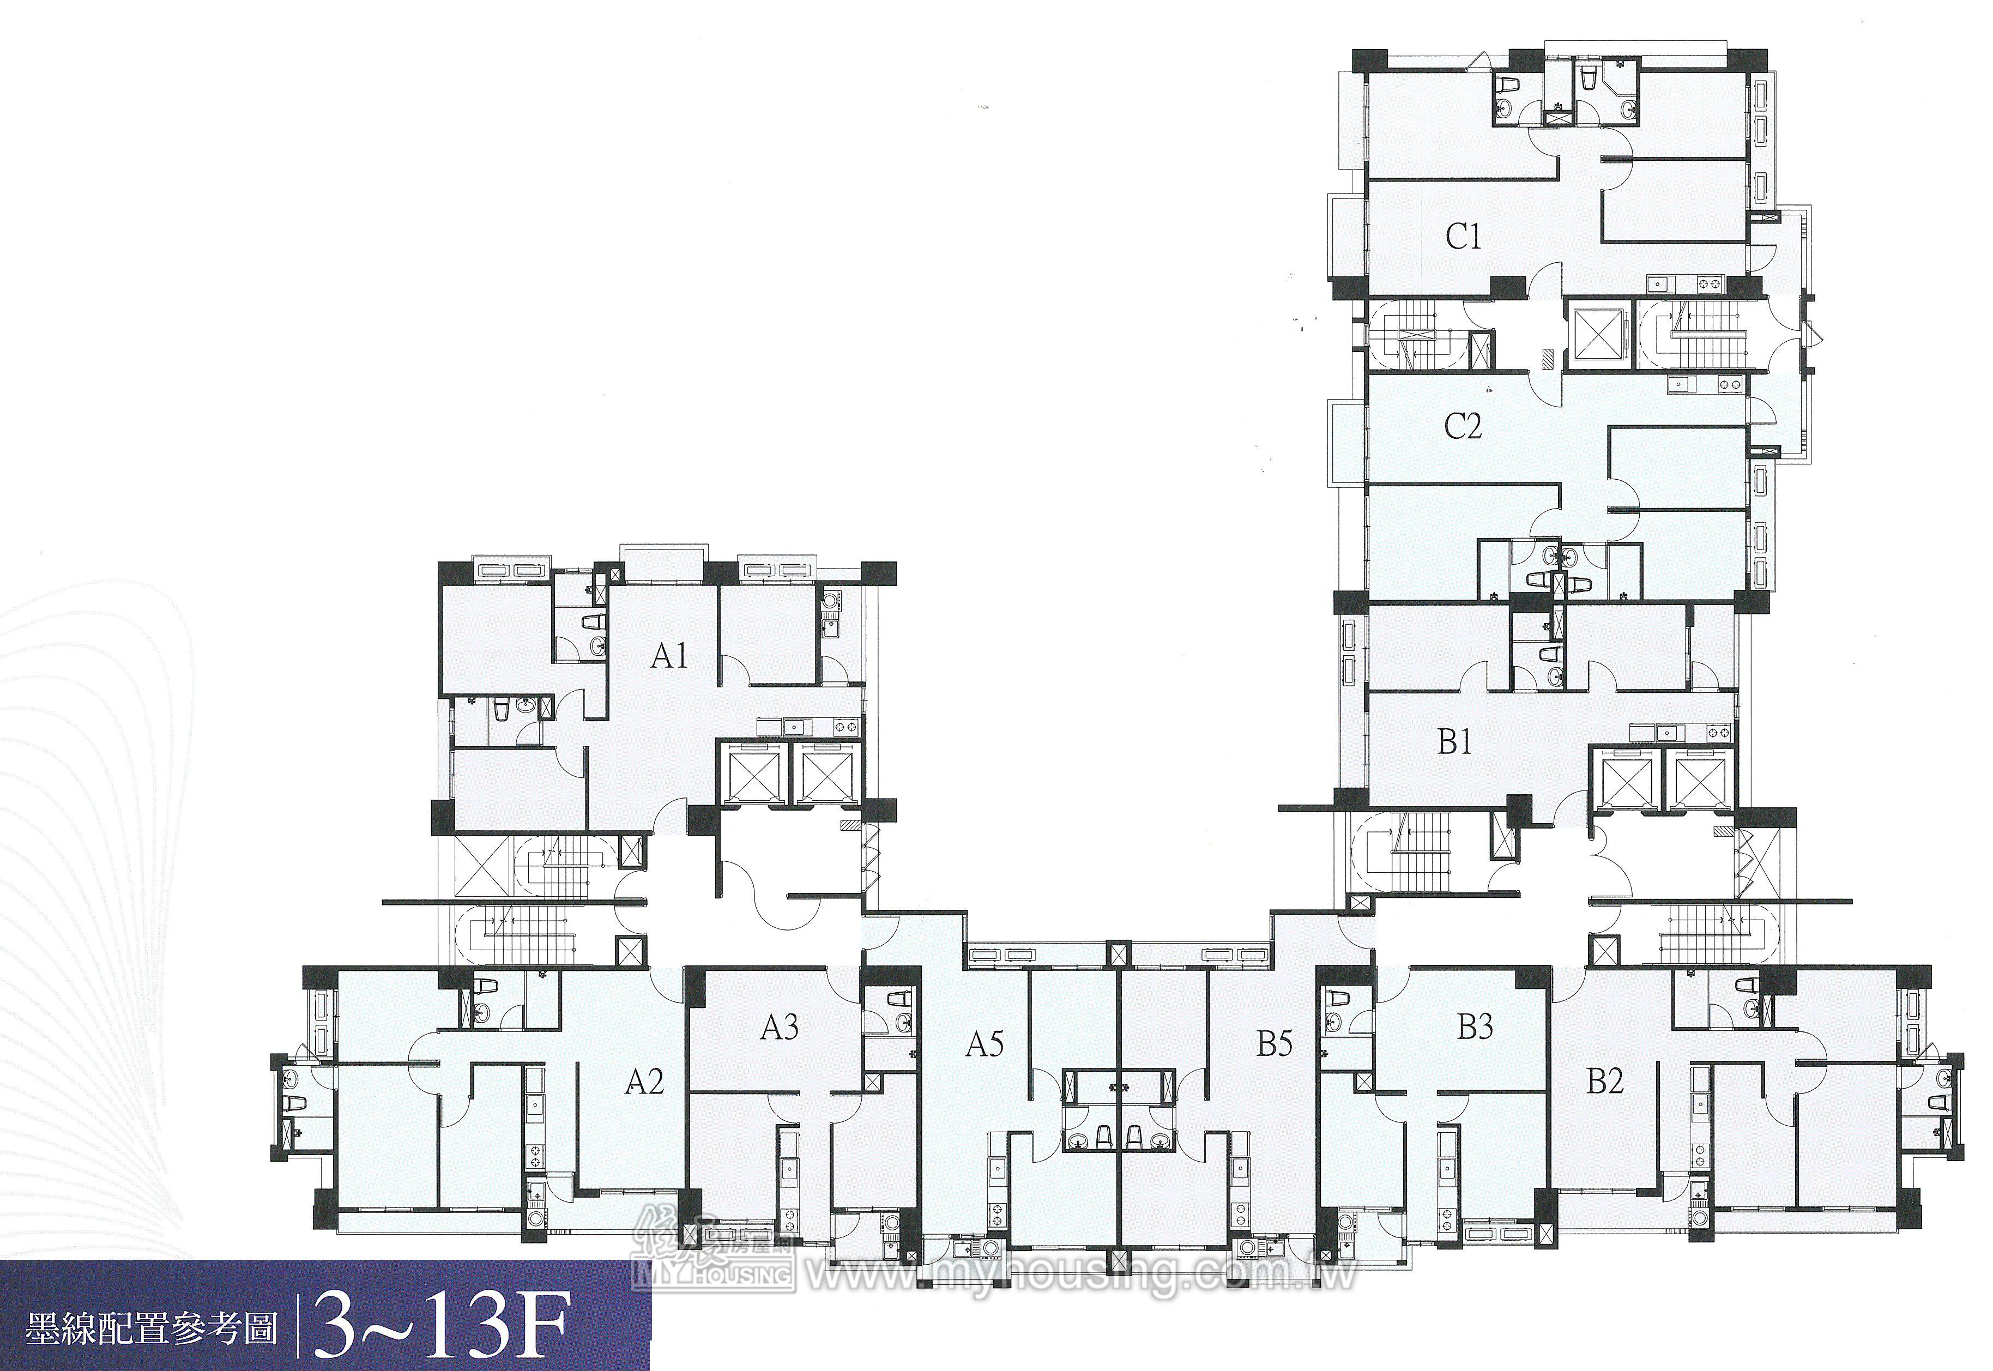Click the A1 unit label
(x=669, y=656)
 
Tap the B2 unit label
(x=1605, y=1080)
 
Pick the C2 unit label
(x=1463, y=426)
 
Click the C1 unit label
(x=1464, y=236)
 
